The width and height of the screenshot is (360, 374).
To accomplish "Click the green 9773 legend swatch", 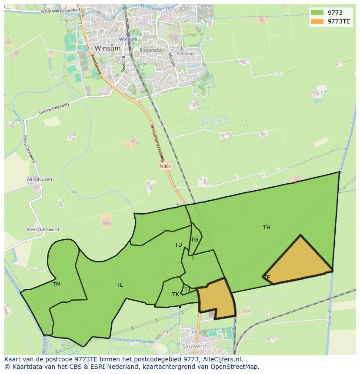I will (317, 13).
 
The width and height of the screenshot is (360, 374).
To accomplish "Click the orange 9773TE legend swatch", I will (317, 21).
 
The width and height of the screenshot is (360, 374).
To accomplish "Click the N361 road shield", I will (165, 166).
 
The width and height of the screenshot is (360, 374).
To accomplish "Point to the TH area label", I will (267, 227).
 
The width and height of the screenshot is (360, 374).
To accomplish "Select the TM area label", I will (57, 285).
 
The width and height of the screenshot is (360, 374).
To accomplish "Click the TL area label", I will (120, 285).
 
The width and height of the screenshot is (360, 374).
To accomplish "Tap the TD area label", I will (178, 245).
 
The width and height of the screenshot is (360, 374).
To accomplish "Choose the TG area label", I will (194, 239).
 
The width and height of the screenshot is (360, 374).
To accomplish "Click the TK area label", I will (176, 294).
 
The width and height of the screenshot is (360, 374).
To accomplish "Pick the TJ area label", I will (187, 289).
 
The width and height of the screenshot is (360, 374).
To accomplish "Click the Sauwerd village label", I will (194, 346).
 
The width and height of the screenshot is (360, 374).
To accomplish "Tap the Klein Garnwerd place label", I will (43, 229).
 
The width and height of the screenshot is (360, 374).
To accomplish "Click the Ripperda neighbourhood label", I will (149, 50).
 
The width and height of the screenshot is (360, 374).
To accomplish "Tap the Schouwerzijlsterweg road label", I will (60, 10).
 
